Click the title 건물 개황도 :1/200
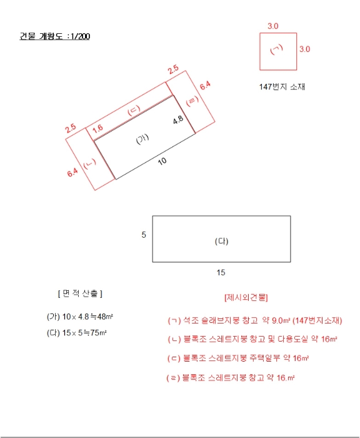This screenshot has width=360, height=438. (55, 36)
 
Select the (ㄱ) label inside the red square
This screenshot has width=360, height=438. (277, 49)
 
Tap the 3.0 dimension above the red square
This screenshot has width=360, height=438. (273, 26)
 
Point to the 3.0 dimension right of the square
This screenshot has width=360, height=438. (304, 49)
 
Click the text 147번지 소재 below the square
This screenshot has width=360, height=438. (282, 87)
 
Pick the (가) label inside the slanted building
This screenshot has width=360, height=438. (143, 140)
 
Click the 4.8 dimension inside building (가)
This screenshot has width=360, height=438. (178, 119)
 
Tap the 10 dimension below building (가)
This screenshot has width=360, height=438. (162, 161)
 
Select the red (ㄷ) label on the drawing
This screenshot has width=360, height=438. (134, 111)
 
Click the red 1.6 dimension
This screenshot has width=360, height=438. (97, 128)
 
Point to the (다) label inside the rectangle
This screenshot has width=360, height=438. (222, 241)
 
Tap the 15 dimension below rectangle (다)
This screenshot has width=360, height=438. (221, 272)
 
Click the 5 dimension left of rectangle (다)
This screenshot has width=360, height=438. (144, 235)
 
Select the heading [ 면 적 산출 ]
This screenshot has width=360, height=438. (80, 293)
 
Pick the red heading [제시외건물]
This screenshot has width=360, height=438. (245, 297)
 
